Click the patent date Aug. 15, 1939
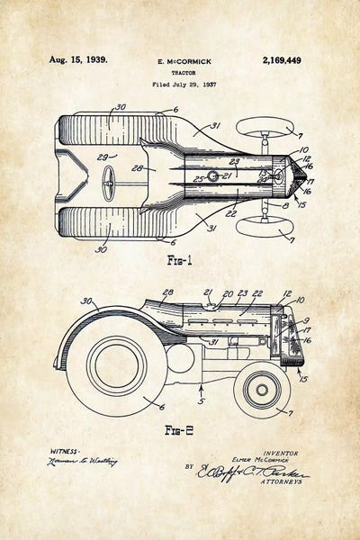(77, 60)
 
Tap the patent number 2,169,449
(282, 60)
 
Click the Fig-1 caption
(179, 261)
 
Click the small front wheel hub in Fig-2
(261, 390)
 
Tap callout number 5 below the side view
(202, 400)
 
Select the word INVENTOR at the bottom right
(281, 453)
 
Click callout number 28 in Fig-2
(167, 293)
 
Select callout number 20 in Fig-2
(228, 293)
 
